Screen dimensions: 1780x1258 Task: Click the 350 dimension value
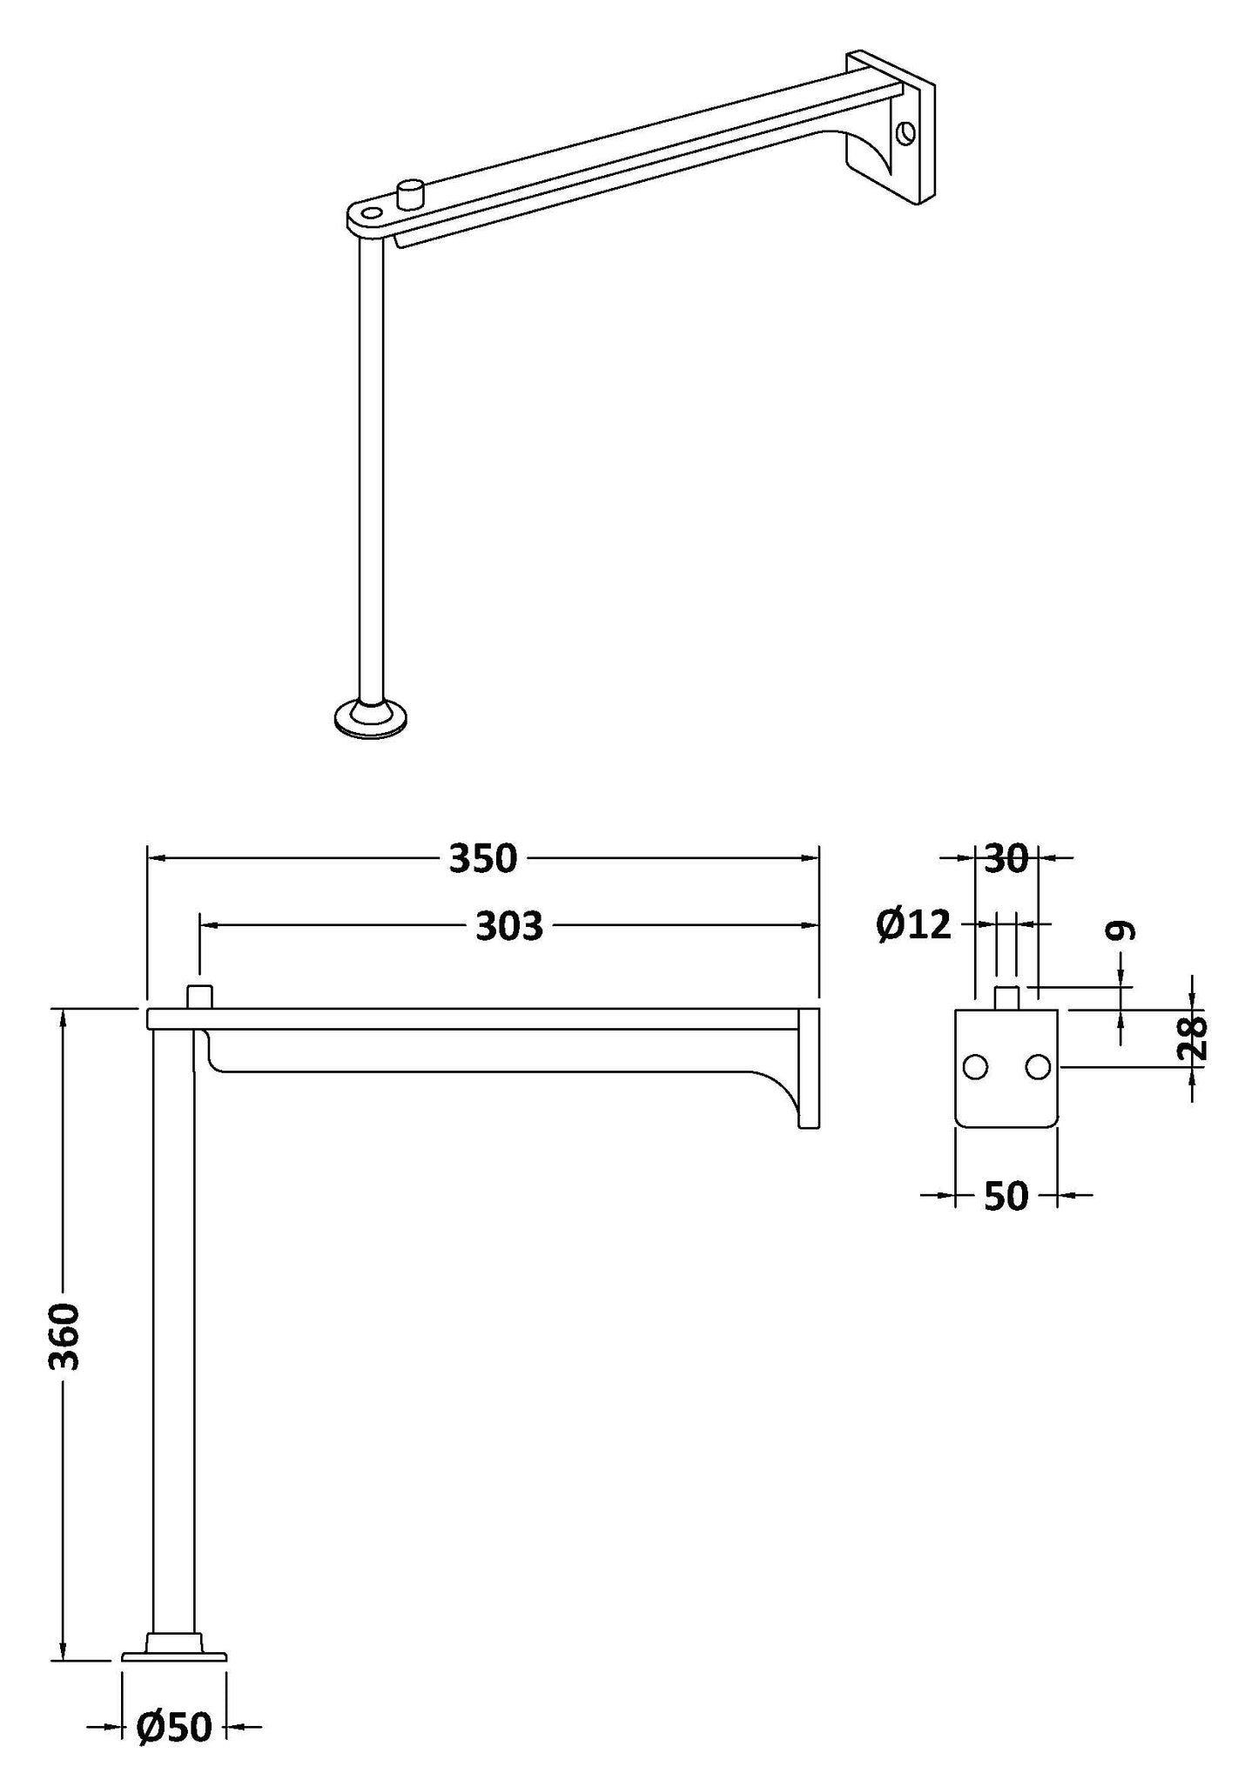[483, 859]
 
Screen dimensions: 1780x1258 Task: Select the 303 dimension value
[508, 927]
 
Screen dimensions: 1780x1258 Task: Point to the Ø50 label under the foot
[174, 1727]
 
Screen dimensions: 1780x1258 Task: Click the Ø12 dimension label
[914, 924]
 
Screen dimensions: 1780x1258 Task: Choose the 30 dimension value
[1006, 859]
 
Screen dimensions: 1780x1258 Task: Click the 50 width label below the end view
[1006, 1197]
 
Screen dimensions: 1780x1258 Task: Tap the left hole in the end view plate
[975, 1066]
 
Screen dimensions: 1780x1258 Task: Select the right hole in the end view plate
[1038, 1066]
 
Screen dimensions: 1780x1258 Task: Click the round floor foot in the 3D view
[373, 717]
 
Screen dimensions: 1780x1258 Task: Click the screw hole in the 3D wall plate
[906, 133]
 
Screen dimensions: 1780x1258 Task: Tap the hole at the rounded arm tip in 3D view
[372, 213]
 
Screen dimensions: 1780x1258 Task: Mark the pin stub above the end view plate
[1006, 997]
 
